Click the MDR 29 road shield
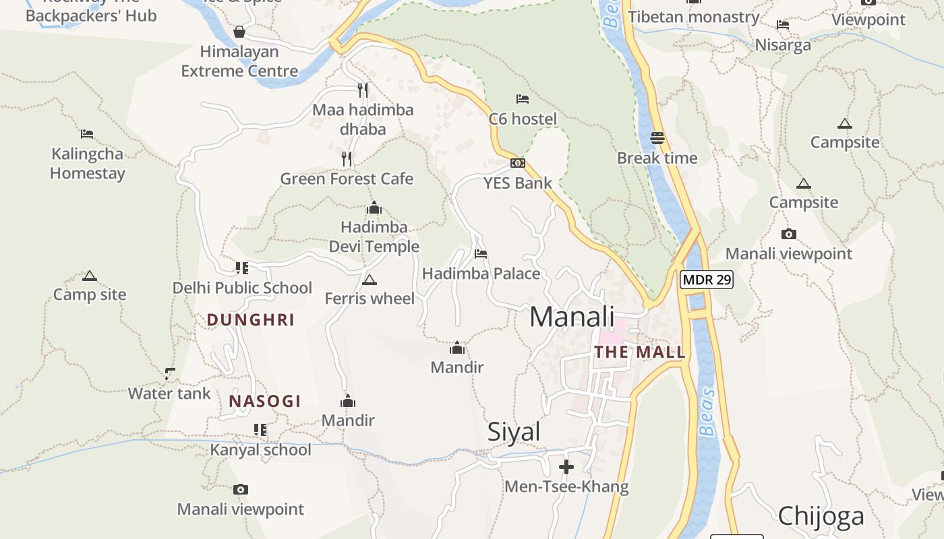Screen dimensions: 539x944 pyautogui.click(x=706, y=280)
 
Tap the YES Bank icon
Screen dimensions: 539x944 pyautogui.click(x=517, y=163)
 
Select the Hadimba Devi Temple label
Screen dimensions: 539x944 pyautogui.click(x=374, y=236)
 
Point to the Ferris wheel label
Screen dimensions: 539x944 pyautogui.click(x=370, y=298)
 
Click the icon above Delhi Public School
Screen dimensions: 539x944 pyautogui.click(x=242, y=268)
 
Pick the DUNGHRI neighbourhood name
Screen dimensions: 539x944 pyautogui.click(x=251, y=320)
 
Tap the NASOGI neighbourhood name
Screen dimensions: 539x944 pyautogui.click(x=265, y=402)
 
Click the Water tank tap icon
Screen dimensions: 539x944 pyautogui.click(x=170, y=373)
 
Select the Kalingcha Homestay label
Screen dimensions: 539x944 pyautogui.click(x=88, y=164)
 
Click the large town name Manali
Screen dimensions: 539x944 pyautogui.click(x=572, y=317)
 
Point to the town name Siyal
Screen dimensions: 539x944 pyautogui.click(x=514, y=432)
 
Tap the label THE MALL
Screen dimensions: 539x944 pyautogui.click(x=639, y=352)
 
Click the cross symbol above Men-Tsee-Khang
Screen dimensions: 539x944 pyautogui.click(x=566, y=466)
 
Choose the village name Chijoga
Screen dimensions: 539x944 pyautogui.click(x=821, y=516)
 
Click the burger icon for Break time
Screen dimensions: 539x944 pyautogui.click(x=657, y=138)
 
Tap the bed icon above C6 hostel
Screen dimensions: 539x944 pyautogui.click(x=523, y=99)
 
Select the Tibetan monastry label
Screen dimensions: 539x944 pyautogui.click(x=694, y=17)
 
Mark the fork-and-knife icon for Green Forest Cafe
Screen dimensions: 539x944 pyautogui.click(x=347, y=159)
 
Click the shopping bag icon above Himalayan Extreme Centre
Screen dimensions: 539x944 pyautogui.click(x=239, y=32)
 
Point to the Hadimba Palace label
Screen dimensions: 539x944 pyautogui.click(x=481, y=274)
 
